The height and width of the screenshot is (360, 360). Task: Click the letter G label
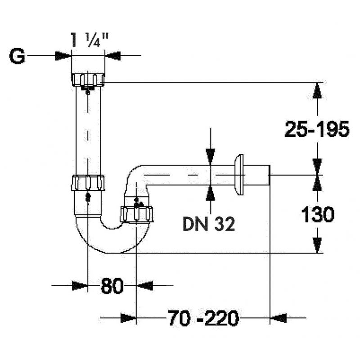[18, 57]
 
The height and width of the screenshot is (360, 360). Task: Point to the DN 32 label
[209, 224]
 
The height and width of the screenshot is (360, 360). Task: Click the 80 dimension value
[112, 286]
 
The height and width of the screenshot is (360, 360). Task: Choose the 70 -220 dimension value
[202, 319]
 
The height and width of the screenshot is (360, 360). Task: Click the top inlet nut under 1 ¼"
[88, 80]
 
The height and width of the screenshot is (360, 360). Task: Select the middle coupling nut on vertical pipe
[88, 183]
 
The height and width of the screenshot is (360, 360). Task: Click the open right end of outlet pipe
[268, 175]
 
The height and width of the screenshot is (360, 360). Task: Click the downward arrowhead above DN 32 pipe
[210, 156]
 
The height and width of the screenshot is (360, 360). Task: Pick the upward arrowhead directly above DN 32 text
[210, 193]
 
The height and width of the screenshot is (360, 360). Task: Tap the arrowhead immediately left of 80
[80, 285]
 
